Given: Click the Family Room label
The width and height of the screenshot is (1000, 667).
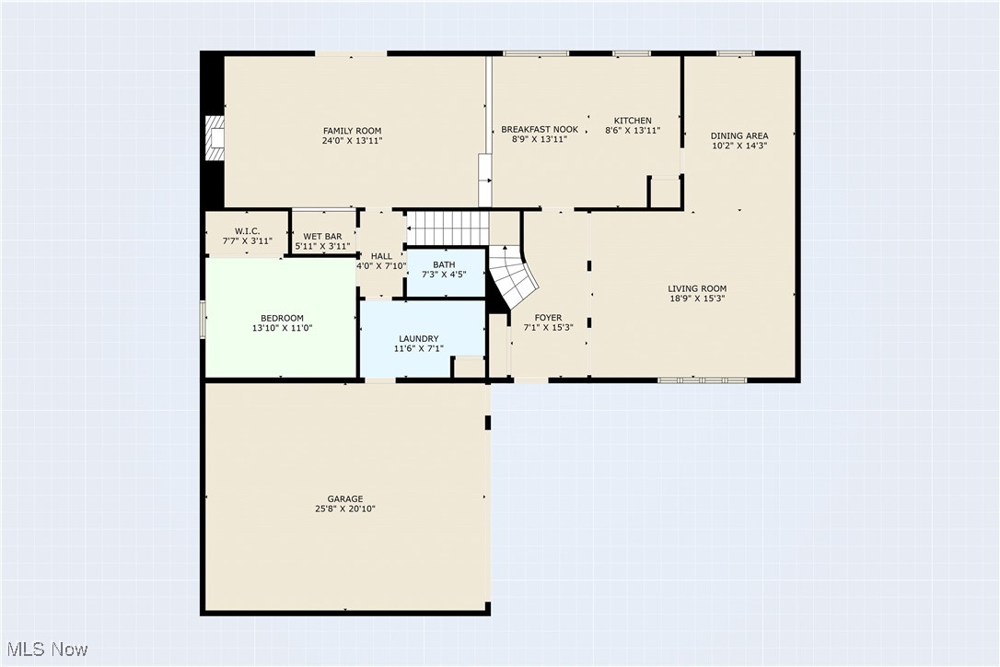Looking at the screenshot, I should coord(352,131).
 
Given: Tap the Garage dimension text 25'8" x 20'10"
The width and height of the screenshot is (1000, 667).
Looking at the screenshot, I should coord(345,509).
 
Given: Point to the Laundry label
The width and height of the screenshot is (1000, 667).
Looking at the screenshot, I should coord(418,338).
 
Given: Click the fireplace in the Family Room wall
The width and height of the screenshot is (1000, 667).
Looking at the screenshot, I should coord(215,138).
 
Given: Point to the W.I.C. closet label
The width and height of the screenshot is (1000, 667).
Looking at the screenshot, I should coord(247,231).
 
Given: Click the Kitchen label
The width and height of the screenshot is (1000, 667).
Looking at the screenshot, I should coord(633,121).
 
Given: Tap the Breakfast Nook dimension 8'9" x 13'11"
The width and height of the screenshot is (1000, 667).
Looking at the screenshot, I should coord(540,140).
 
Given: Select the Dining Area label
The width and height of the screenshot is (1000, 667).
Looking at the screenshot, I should coord(739,136).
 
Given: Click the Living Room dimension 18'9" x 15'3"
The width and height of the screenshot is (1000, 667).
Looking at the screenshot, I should coord(697,298).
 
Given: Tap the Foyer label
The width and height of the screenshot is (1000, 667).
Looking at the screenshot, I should coord(548,318).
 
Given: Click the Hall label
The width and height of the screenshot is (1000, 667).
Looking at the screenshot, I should coord(381,256).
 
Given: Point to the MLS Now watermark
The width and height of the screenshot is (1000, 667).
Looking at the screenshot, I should coord(45,649).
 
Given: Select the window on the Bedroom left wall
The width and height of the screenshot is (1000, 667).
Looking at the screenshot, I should coord(203,320).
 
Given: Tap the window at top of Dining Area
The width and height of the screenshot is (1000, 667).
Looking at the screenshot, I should coord(736,53).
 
